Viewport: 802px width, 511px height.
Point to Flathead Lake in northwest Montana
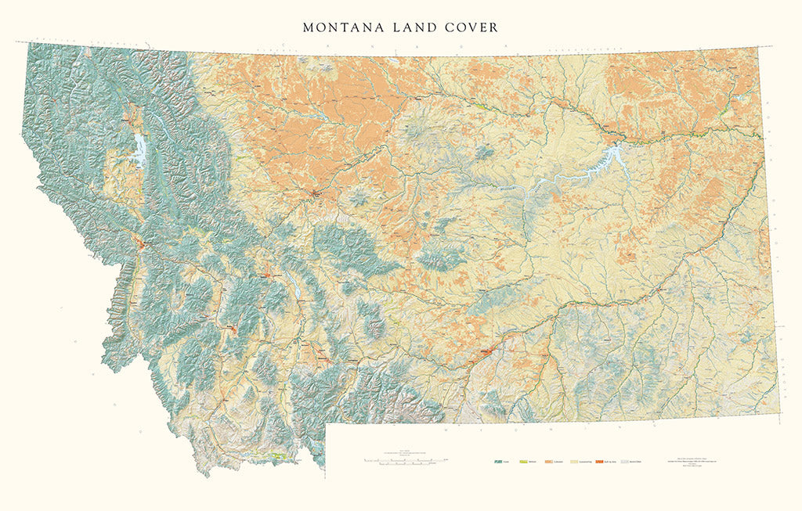[x=139, y=148]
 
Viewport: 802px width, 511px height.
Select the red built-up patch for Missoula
[x=142, y=245]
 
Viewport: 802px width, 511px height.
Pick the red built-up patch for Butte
[x=233, y=329]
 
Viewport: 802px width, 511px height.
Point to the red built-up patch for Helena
[x=268, y=275]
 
